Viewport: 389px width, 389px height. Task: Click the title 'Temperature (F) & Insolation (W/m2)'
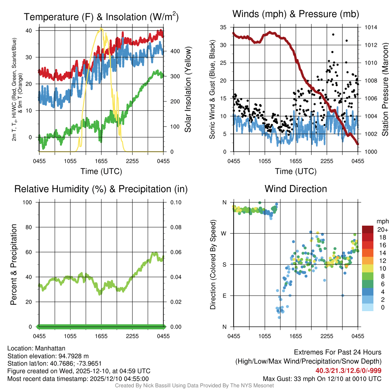point(101,17)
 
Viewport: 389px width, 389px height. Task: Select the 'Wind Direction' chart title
point(296,189)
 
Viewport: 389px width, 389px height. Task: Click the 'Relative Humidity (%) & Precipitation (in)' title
point(101,189)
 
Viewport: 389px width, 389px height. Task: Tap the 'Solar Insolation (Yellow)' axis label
point(188,90)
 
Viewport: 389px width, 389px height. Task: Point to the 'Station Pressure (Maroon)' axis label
point(385,90)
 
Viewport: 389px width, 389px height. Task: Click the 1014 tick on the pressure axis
point(370,27)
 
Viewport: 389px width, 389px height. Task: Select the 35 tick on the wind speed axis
point(224,27)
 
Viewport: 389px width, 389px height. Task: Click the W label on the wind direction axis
point(224,233)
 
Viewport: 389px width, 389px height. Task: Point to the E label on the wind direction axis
point(225,296)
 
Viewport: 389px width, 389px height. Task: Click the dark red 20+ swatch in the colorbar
point(368,229)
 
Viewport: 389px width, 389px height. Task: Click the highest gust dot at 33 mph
point(333,35)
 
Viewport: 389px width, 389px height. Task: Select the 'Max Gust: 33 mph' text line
point(322,378)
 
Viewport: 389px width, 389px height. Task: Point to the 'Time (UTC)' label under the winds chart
point(296,171)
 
